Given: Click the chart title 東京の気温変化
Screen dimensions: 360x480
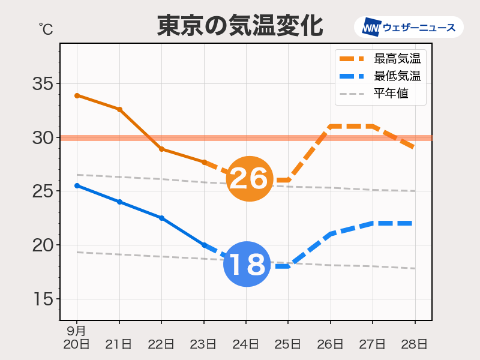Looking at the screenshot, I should (x=240, y=26).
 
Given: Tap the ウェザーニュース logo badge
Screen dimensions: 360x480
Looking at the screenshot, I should (x=409, y=27).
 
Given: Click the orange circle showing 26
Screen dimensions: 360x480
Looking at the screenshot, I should (x=248, y=178).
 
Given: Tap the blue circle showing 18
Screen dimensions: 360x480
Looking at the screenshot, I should (x=246, y=263).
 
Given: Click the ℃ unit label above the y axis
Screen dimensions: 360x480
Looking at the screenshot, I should (x=45, y=28).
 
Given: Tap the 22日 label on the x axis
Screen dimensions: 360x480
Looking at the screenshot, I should (x=161, y=344).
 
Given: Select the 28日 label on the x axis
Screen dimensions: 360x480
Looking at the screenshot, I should (x=415, y=344).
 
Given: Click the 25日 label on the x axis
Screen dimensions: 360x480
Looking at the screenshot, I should (x=288, y=344).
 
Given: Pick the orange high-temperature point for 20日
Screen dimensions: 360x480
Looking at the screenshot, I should (x=77, y=95).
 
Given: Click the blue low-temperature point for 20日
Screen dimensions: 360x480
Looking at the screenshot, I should (x=77, y=186).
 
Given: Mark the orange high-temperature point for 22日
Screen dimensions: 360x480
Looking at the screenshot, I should (x=162, y=149).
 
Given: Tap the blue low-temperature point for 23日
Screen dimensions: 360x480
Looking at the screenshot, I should (x=204, y=245).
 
